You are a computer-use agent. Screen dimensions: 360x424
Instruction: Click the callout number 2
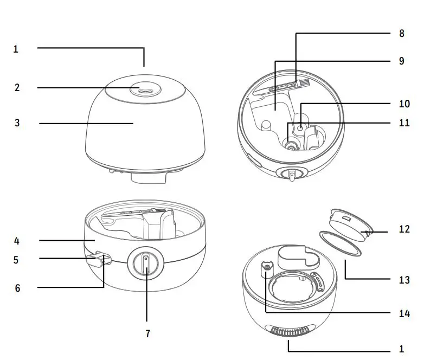[17, 87]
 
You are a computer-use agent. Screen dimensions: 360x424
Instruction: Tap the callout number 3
[17, 123]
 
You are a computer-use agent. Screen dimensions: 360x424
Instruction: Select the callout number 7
[147, 334]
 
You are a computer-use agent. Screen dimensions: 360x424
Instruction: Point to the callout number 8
[401, 33]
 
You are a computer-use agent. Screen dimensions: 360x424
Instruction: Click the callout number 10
[404, 103]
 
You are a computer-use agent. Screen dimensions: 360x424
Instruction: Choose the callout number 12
[404, 229]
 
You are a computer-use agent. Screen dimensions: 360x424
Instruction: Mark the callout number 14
[404, 313]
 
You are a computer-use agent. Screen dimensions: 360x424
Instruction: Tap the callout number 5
[16, 260]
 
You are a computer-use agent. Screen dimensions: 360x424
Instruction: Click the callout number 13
[404, 280]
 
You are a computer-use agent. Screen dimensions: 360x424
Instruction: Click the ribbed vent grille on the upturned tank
[288, 331]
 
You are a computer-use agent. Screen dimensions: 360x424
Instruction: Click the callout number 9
[401, 61]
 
